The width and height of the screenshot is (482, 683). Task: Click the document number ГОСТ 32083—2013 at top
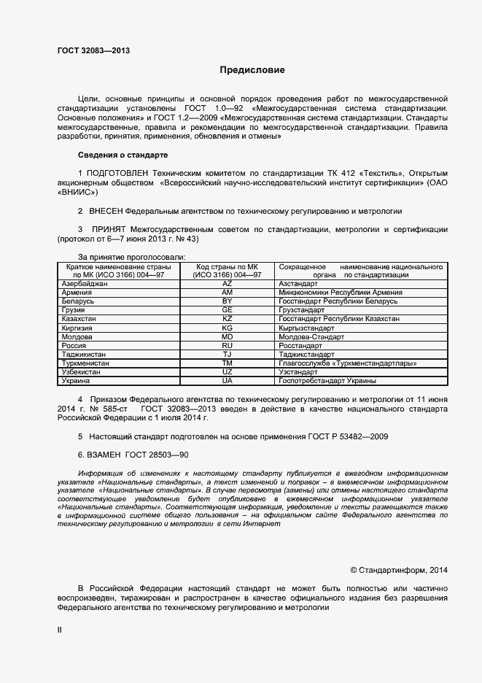(x=94, y=50)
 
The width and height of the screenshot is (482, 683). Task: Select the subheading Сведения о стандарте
(x=123, y=155)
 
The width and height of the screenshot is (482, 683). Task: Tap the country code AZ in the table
(x=227, y=282)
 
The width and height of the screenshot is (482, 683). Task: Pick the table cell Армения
(x=78, y=292)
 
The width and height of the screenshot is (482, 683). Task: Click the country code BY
(x=227, y=301)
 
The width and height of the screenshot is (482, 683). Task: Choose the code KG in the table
(x=227, y=328)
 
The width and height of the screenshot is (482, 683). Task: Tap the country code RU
(x=227, y=346)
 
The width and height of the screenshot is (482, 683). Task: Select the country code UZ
(x=227, y=372)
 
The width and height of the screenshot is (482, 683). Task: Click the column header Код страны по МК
(x=227, y=267)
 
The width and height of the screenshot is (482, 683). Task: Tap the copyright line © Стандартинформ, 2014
(x=399, y=569)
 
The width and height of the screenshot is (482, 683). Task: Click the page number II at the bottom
(x=61, y=629)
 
